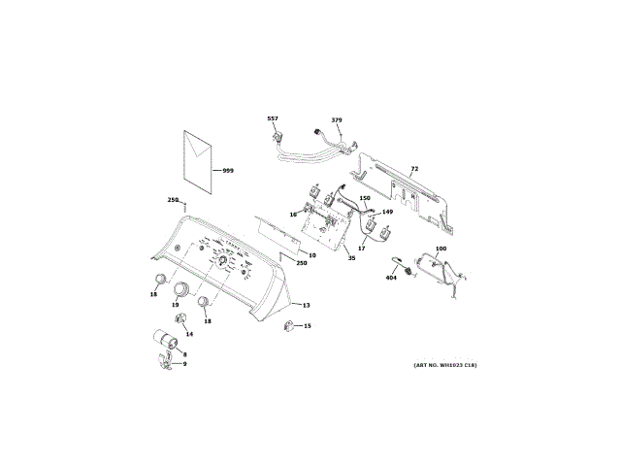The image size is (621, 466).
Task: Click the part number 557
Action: click(x=273, y=118)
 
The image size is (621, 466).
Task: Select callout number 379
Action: click(x=337, y=119)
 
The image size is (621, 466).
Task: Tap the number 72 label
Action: click(x=414, y=169)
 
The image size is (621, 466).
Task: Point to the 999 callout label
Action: click(x=228, y=170)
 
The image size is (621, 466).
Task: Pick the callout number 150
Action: click(x=365, y=198)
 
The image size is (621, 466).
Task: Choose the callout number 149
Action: click(x=387, y=212)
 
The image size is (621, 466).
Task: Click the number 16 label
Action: click(x=292, y=214)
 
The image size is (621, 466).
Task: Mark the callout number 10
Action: click(x=312, y=254)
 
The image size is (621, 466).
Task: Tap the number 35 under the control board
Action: click(x=351, y=259)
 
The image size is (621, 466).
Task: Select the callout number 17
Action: click(x=361, y=249)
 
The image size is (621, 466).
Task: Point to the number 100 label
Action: click(x=441, y=250)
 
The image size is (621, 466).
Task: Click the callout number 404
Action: click(x=392, y=278)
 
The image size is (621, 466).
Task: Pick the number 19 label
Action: click(x=176, y=305)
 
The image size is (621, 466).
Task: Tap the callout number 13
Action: click(x=306, y=305)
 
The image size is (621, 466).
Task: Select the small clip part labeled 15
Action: click(x=289, y=327)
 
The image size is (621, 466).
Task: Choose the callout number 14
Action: click(x=190, y=334)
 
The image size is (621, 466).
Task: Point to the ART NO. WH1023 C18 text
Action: click(x=445, y=365)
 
